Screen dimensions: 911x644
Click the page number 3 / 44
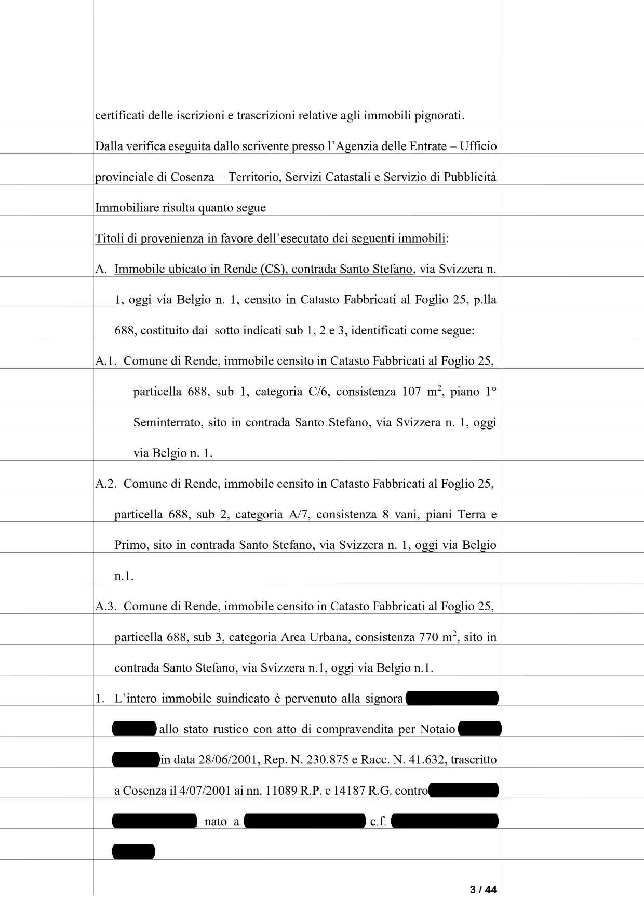coord(483,890)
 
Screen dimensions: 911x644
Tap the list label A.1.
coord(106,361)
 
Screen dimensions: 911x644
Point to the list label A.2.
coord(106,484)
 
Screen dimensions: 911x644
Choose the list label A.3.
coord(106,606)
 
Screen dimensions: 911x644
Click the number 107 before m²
coord(411,392)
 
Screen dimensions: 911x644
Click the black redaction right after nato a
coord(305,821)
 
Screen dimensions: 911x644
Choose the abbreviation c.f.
coord(378,821)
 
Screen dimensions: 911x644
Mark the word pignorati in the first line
coord(439,115)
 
